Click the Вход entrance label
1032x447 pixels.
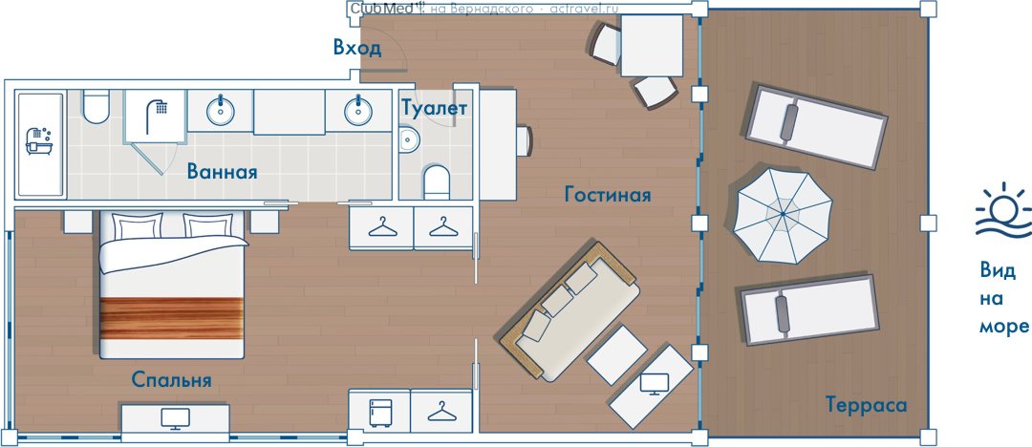pyautogui.click(x=356, y=48)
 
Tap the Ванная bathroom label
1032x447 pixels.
pyautogui.click(x=222, y=172)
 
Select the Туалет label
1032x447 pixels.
pyautogui.click(x=435, y=108)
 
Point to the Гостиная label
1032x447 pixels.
pyautogui.click(x=608, y=195)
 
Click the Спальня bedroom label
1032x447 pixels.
pyautogui.click(x=171, y=380)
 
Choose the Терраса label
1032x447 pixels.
pyautogui.click(x=866, y=405)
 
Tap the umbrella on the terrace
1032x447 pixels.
pyautogui.click(x=783, y=215)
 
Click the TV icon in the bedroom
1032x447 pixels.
pyautogui.click(x=175, y=418)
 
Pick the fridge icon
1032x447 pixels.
pyautogui.click(x=380, y=413)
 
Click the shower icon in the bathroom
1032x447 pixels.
pyautogui.click(x=156, y=117)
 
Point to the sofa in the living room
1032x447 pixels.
pyautogui.click(x=570, y=310)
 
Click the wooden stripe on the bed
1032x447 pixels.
pyautogui.click(x=172, y=319)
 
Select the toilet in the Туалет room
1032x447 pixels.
pyautogui.click(x=436, y=182)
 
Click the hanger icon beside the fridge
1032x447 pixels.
pyautogui.click(x=441, y=413)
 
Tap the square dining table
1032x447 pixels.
pyautogui.click(x=652, y=46)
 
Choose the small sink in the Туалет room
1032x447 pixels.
pyautogui.click(x=409, y=138)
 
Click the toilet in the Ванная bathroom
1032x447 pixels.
pyautogui.click(x=97, y=107)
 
